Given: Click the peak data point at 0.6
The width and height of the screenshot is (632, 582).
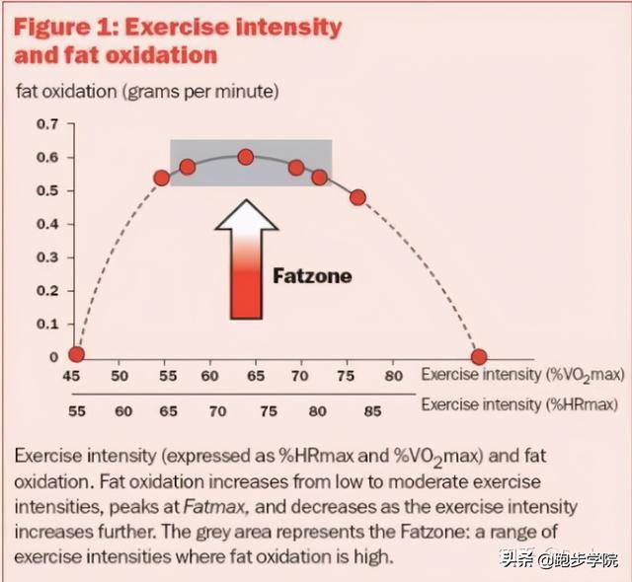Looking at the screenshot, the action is point(246,157).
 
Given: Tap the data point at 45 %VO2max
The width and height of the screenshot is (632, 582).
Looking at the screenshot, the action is point(77,354).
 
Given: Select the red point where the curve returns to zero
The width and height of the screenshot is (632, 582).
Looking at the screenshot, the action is point(479,357).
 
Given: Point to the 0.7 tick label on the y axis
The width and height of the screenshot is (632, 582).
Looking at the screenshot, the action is point(47,124).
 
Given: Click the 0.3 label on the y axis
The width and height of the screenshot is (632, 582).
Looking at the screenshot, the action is point(47,257).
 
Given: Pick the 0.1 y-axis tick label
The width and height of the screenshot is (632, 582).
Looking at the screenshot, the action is point(47,324).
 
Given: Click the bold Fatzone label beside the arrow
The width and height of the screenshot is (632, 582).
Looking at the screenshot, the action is point(312,276).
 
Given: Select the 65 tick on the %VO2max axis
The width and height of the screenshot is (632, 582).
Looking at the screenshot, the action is point(256,376).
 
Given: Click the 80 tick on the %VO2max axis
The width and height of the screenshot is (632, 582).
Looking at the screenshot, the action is point(393,376).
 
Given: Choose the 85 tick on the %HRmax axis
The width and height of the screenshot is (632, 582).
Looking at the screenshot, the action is point(372,411).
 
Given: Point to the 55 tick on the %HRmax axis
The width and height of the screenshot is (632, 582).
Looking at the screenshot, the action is point(77,411).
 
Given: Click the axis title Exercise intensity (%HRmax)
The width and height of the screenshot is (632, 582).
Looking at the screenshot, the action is point(519,404).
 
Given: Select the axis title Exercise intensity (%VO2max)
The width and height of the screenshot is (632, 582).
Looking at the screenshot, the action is point(522,375).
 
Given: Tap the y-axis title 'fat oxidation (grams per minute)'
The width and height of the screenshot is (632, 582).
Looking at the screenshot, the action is point(147,92).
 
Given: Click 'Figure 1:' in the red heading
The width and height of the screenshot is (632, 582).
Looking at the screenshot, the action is point(66,28).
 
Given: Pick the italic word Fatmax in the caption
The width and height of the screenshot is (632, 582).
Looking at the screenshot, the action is point(214,507).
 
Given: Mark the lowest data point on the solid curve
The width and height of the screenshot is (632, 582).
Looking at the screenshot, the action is point(357,197).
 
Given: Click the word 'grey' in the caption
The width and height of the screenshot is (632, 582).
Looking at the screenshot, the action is point(213,533).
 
